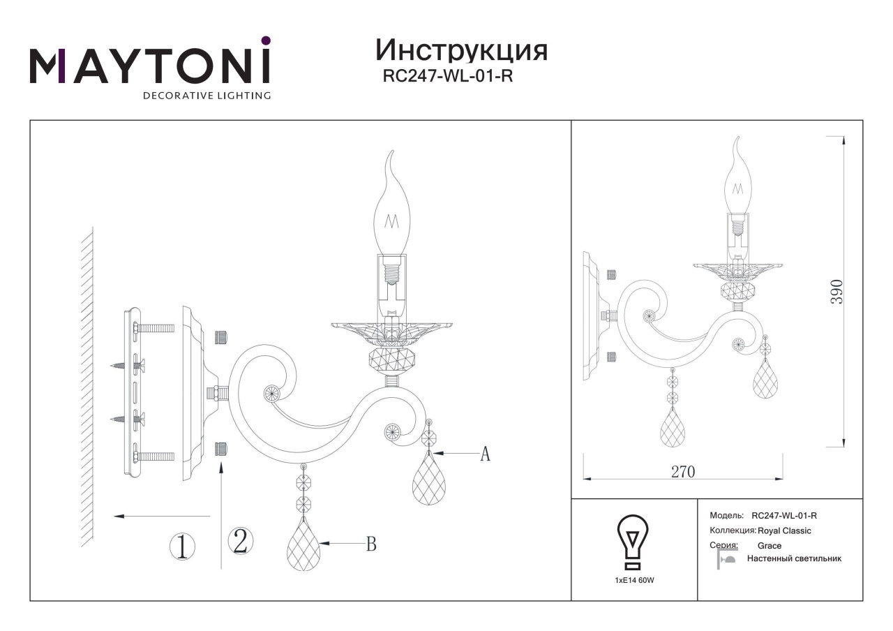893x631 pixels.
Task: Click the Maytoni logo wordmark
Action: (x=150, y=66)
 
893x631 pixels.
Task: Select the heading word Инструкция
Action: (x=462, y=51)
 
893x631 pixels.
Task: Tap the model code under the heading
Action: (x=448, y=76)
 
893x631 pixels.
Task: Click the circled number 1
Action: (x=183, y=547)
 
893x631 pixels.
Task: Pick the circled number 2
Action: (x=241, y=541)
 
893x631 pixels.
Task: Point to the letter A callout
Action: (x=485, y=454)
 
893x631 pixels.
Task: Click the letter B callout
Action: (x=371, y=544)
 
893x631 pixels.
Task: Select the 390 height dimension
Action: (x=836, y=292)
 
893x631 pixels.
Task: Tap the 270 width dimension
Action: (x=683, y=472)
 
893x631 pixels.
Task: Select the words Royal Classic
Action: (x=784, y=531)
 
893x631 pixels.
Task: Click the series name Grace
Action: (x=770, y=546)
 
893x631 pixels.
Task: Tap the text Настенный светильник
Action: (x=794, y=558)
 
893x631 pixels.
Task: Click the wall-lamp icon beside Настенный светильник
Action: (x=726, y=558)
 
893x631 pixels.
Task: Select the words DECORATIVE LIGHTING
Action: (x=207, y=96)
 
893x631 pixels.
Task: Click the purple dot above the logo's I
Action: (x=266, y=40)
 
